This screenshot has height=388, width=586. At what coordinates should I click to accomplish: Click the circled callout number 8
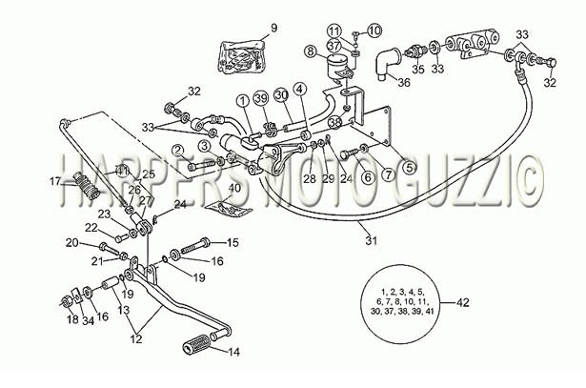click(311, 51)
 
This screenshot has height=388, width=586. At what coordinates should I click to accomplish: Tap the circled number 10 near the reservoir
click(374, 31)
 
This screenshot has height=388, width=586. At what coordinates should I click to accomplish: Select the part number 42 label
click(463, 302)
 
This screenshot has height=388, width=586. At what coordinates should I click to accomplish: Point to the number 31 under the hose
click(371, 240)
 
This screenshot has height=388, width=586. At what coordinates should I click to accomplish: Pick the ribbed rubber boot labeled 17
click(88, 185)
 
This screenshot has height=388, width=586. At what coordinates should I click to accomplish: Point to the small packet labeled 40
click(228, 208)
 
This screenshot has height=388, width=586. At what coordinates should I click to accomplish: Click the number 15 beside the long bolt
click(232, 242)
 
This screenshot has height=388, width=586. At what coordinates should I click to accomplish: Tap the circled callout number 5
click(410, 168)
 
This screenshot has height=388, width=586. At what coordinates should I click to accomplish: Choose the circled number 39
click(261, 98)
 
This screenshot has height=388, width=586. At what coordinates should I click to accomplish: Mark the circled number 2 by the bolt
click(178, 151)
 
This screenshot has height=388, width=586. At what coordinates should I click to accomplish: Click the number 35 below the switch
click(418, 70)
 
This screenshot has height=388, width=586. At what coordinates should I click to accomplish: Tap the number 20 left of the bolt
click(72, 243)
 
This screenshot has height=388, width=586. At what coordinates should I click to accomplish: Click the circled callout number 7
click(389, 174)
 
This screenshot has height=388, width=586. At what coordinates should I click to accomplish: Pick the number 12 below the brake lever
click(136, 338)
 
